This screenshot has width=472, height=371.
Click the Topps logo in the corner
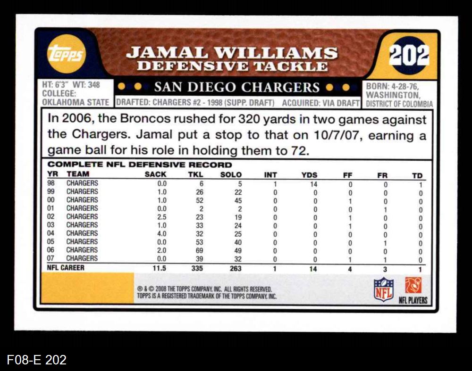66,54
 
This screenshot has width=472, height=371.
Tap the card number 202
409,55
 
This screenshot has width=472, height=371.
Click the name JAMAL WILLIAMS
232,52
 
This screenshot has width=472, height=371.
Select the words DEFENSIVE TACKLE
232,66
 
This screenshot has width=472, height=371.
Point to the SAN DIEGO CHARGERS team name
237,87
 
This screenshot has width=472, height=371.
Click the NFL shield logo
383,289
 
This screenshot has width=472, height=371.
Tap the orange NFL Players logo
413,286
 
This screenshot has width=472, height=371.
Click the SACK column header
155,175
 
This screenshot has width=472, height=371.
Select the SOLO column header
231,175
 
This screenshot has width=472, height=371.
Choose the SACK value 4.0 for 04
161,233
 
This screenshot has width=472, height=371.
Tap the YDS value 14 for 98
313,183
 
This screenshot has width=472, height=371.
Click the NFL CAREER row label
66,268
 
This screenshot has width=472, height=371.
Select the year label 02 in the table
51,217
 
